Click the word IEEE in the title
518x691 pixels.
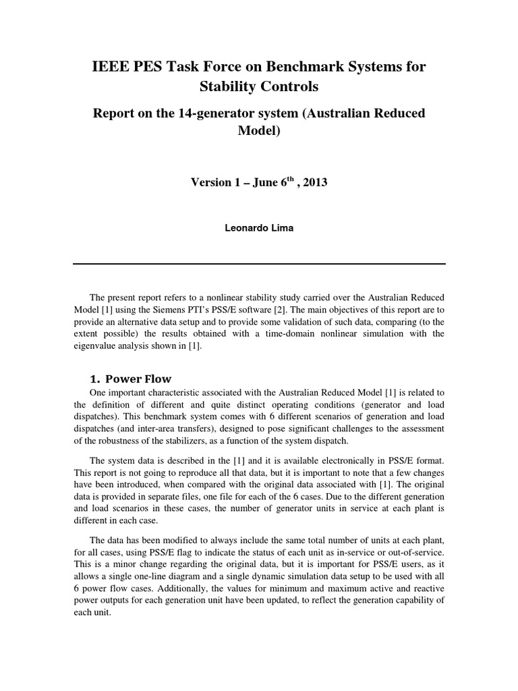pyautogui.click(x=111, y=67)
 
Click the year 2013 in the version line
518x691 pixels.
pyautogui.click(x=313, y=183)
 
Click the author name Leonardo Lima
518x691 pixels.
pyautogui.click(x=259, y=228)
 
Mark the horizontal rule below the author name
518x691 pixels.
pyautogui.click(x=259, y=264)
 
